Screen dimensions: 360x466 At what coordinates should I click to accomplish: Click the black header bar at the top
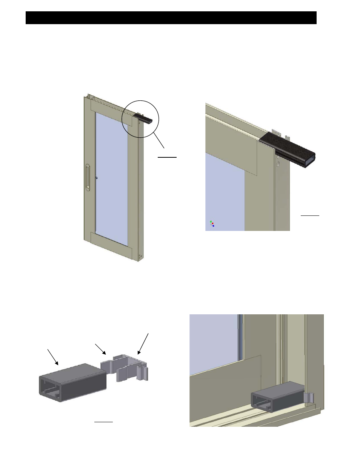coord(171,18)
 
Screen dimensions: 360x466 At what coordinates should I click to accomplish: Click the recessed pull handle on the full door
coord(88,176)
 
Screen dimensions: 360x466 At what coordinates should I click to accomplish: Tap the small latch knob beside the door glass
coord(97,177)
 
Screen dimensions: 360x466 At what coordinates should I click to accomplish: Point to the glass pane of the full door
coord(111,177)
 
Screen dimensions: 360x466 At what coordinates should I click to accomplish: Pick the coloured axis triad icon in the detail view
coord(212,224)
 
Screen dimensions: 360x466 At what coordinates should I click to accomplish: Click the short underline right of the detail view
coord(310,215)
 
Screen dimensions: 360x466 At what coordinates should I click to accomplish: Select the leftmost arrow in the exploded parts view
coord(52,357)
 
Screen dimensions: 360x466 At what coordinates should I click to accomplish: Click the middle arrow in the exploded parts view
coord(101,349)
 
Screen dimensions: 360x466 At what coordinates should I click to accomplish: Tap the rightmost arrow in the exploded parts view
coord(144,344)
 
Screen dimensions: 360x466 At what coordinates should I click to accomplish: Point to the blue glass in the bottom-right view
coord(213,341)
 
